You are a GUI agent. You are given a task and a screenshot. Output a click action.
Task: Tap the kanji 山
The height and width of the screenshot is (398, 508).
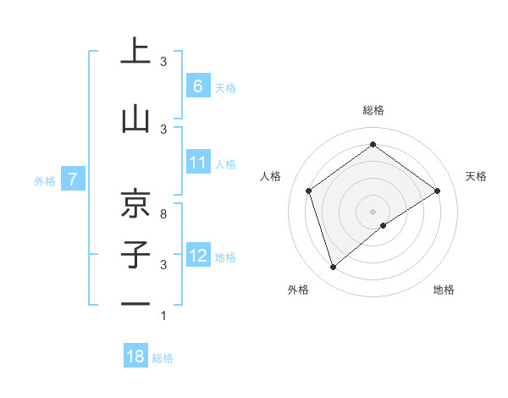coord(135,119)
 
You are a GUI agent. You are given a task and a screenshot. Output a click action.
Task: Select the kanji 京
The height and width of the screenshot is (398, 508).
coord(135,202)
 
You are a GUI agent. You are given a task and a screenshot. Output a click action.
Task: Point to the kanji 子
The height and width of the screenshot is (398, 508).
coord(135,254)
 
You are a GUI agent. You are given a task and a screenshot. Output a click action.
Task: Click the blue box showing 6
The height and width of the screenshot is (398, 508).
coord(198,86)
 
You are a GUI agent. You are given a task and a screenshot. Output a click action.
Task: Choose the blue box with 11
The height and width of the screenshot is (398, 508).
coord(198,163)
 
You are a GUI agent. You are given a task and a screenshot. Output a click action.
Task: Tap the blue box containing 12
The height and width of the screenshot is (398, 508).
coord(198,256)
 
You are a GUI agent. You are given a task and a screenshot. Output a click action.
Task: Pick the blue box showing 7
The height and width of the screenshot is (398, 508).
coord(73,180)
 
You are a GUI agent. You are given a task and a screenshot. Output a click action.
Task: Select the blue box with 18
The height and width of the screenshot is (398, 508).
coord(135,357)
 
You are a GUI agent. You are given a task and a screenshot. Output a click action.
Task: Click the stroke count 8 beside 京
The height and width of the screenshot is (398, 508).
coord(163,214)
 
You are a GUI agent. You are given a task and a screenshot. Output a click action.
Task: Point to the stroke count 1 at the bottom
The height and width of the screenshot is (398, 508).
coord(163,316)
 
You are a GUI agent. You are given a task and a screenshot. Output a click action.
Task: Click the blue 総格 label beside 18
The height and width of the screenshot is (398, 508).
coord(163,358)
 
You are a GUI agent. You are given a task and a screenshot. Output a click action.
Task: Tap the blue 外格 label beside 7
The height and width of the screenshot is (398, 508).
coord(45,180)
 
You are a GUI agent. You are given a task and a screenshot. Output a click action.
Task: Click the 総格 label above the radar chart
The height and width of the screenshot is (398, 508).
coord(373,110)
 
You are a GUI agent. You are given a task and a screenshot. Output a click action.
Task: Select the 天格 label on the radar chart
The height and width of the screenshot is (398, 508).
coord(476,176)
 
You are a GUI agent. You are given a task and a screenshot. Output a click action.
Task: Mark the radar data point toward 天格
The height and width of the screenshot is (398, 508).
coord(437,191)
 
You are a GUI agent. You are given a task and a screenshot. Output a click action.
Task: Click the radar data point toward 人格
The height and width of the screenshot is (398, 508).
coord(309,191)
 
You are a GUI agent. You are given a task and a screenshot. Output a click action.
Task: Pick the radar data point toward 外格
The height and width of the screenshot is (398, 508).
coord(333,268)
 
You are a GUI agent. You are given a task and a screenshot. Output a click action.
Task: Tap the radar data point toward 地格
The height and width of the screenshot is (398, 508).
coord(384,225)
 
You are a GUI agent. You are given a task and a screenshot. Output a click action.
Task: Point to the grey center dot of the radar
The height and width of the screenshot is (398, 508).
coord(373,211)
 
